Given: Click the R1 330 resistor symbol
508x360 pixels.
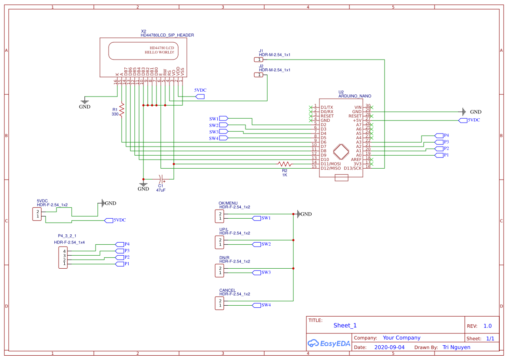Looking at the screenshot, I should pos(122,109).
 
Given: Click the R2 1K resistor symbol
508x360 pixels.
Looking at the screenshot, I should pos(285,164).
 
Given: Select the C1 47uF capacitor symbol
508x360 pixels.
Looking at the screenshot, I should pos(160,179).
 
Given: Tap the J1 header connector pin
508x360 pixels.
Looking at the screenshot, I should pos(259,60).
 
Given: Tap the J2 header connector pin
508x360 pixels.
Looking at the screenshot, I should pos(259,75).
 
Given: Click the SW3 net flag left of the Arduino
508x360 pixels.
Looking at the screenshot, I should pos(224,131).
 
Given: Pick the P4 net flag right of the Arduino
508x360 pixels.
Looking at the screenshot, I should pos(439,136).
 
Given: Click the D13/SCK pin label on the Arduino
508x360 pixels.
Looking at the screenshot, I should pos(352,168).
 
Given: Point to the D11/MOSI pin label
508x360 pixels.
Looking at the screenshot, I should pos(331,164).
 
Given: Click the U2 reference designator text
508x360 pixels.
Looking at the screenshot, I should pos(341,92).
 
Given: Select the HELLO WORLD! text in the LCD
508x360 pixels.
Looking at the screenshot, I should pos(159,52).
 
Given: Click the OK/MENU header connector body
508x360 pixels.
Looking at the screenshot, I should pos(219,216).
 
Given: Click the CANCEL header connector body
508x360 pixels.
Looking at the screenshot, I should pos(219,303).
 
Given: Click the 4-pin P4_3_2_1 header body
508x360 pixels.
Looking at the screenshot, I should pos(63,257).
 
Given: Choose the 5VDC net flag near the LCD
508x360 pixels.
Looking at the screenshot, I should pos(200,96).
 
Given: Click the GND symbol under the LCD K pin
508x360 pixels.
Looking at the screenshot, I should pos(85,103).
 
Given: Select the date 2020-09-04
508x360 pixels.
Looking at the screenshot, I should pos(389,347).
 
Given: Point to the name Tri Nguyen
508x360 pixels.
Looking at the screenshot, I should pos(456,347).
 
